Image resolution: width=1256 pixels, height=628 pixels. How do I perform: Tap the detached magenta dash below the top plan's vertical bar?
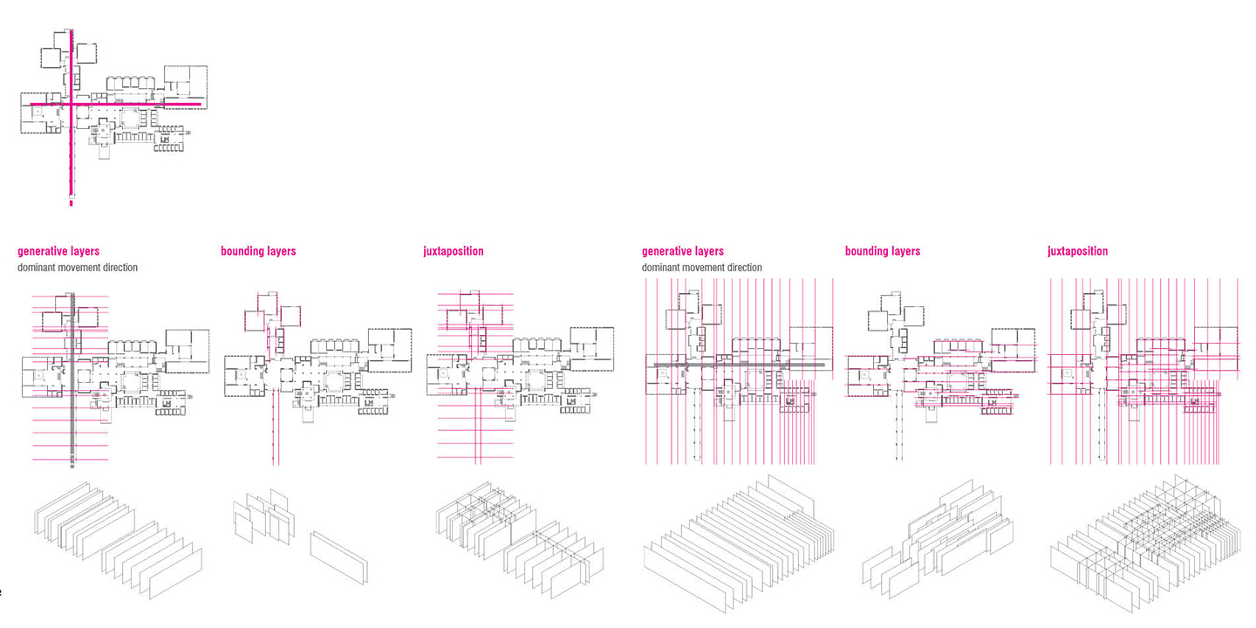(71, 203)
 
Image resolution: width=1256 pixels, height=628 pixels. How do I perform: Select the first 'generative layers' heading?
(58, 251)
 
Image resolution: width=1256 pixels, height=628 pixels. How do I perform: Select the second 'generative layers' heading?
(683, 251)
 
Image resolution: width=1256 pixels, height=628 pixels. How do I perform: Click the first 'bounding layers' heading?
(258, 251)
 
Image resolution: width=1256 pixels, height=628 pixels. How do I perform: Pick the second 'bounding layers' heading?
(883, 251)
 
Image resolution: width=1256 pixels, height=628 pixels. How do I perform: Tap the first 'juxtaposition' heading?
(454, 251)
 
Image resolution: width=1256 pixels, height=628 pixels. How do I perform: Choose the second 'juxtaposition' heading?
(1078, 251)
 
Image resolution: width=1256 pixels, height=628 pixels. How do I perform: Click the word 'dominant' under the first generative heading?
(38, 268)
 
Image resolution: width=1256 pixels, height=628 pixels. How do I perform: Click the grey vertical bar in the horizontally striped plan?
(71, 410)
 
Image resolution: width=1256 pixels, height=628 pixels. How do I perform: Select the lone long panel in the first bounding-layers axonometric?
(339, 556)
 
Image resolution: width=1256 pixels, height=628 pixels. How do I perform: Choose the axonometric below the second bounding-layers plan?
(938, 536)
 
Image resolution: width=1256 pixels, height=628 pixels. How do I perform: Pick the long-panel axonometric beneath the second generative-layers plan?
(737, 541)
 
